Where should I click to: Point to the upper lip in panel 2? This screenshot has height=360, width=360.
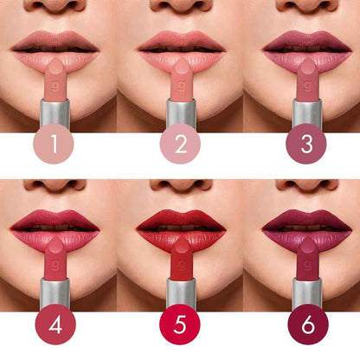[x=181, y=39]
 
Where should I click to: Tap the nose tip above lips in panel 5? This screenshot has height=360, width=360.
[x=181, y=184]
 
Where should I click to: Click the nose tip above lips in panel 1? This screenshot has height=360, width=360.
[x=55, y=5]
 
